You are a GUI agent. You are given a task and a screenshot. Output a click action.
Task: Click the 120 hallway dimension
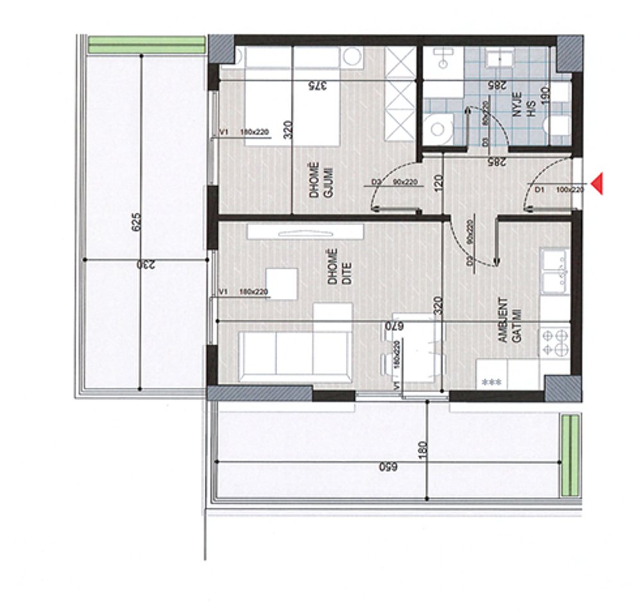tap(438, 184)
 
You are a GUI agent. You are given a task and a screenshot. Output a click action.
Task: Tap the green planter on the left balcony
tap(146, 45)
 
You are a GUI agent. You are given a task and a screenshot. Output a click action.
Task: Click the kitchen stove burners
tap(556, 341)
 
